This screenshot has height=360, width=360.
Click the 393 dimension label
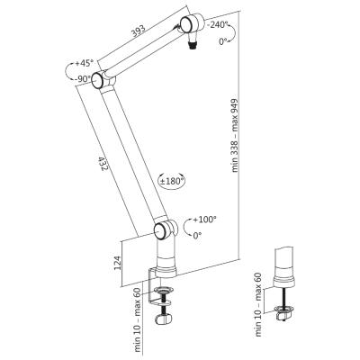click(139, 31)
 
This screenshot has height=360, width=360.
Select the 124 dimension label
click(118, 263)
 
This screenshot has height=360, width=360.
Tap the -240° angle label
click(219, 24)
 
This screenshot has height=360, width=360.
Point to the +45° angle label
click(85, 63)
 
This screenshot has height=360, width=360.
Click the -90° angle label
click(83, 79)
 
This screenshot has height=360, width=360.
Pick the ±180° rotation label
click(171, 181)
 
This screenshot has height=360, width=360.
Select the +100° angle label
click(204, 220)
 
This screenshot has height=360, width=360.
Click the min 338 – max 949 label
click(235, 136)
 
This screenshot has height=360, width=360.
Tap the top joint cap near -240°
click(186, 24)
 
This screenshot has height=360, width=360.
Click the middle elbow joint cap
click(98, 80)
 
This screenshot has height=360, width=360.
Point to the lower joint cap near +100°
click(161, 230)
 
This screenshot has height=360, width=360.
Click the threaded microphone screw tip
click(191, 46)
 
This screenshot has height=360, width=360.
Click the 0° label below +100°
click(197, 236)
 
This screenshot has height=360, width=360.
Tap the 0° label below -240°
click(223, 41)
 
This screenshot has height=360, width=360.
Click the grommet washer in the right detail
click(283, 309)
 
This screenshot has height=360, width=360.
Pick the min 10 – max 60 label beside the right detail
click(258, 309)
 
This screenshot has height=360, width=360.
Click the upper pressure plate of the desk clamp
click(164, 290)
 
